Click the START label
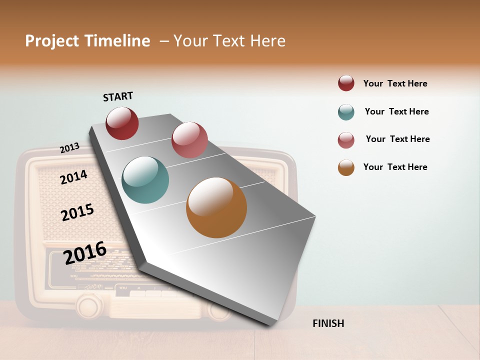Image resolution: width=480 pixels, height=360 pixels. (x=118, y=96)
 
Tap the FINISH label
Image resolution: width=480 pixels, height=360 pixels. (x=328, y=323)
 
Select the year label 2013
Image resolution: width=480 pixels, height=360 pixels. (x=69, y=148)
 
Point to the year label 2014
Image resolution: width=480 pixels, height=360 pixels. (x=73, y=177)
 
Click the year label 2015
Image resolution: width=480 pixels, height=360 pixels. (x=77, y=212)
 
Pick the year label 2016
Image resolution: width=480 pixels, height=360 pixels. (x=85, y=253)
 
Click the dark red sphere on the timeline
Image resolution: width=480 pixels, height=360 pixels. (x=122, y=123)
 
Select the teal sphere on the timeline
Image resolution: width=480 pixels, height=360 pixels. (x=145, y=180)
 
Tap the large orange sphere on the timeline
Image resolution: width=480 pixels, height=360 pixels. (x=216, y=207)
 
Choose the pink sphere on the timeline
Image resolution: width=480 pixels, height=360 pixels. (x=189, y=140)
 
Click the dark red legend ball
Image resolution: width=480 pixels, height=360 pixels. (x=346, y=83)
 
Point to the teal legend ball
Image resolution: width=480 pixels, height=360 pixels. (x=346, y=112)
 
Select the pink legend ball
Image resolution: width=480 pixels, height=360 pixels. (x=346, y=140)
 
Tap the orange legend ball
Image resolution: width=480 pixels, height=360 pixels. (x=346, y=168)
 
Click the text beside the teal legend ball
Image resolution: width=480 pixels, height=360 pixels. (x=396, y=111)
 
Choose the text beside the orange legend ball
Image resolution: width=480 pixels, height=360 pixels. (x=395, y=167)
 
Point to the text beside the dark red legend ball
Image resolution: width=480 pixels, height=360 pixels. (x=395, y=83)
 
